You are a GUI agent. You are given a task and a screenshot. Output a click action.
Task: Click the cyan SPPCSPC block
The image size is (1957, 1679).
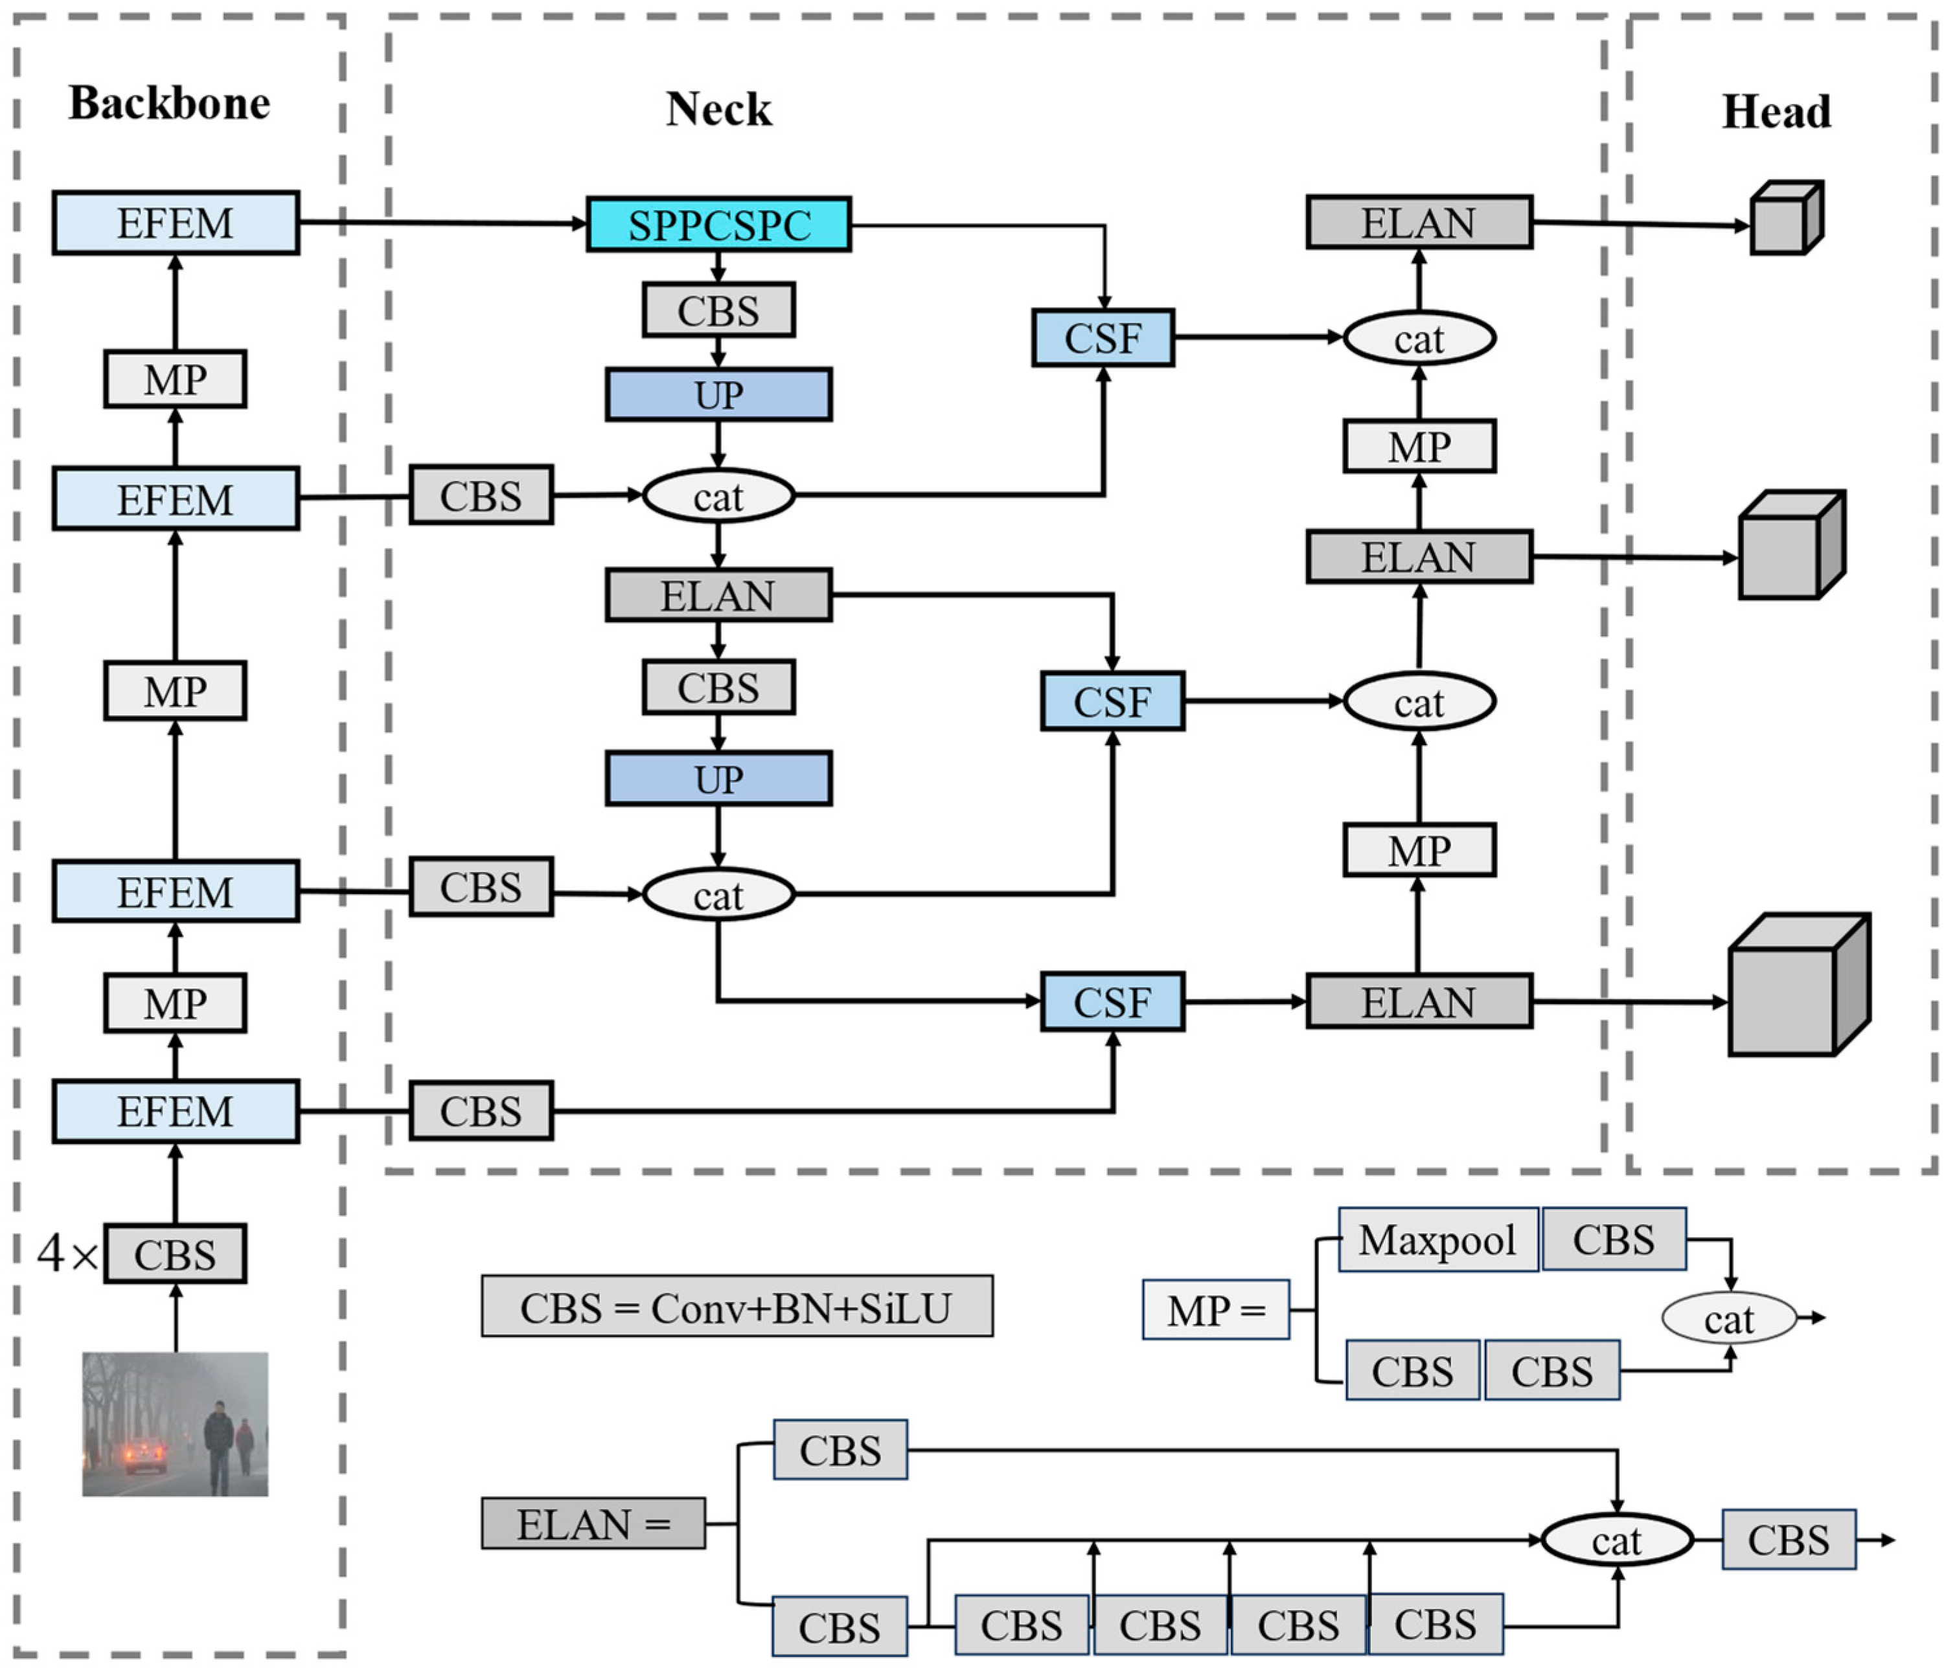tap(718, 225)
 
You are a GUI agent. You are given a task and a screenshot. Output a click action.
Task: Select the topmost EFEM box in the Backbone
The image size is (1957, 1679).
tap(176, 223)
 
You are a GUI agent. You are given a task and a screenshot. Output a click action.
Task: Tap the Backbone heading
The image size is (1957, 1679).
tap(169, 103)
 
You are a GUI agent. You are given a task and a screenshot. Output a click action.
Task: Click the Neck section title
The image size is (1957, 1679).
tap(718, 109)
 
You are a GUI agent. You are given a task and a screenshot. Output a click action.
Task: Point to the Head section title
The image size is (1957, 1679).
tap(1776, 111)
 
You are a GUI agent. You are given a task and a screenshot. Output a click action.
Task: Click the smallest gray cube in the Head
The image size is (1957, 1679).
tap(1785, 218)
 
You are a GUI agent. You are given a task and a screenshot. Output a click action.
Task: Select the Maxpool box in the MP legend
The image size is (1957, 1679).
tap(1437, 1240)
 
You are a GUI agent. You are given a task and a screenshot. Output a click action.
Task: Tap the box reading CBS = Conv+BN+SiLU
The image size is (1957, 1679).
tap(737, 1307)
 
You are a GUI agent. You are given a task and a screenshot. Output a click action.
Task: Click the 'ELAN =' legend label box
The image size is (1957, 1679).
tap(593, 1523)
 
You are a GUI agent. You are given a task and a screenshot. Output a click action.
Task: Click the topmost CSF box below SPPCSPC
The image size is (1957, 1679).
tap(1102, 338)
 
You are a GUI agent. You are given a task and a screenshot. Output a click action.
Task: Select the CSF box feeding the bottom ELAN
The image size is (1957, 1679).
tap(1112, 1002)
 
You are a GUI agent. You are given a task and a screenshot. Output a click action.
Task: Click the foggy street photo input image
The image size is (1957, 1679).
tap(175, 1424)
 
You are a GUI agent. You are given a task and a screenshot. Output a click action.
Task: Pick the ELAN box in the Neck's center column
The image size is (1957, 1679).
tap(718, 595)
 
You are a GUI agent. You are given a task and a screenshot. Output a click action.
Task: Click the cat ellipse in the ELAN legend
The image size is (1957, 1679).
tap(1616, 1540)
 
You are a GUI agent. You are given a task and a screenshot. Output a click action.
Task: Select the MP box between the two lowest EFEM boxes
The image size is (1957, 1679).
tap(175, 1003)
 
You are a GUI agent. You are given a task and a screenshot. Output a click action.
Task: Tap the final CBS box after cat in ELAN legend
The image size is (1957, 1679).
tap(1788, 1540)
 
